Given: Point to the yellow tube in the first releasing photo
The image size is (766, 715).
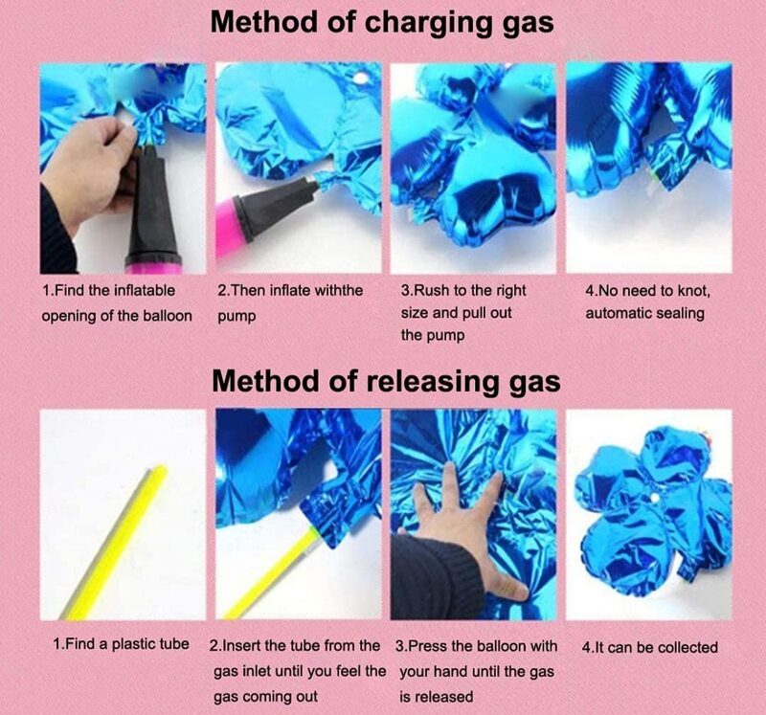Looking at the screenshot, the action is [x=115, y=542].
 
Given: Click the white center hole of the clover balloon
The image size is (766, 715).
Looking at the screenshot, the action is [x=653, y=498].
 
